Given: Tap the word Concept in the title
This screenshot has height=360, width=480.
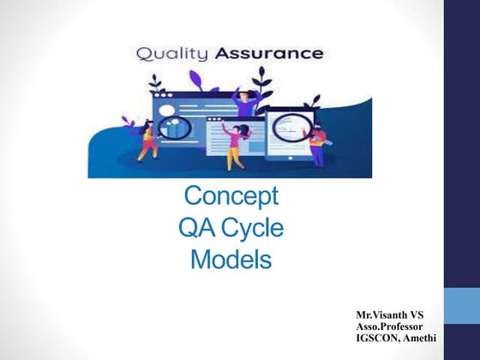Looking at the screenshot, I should click(x=231, y=196).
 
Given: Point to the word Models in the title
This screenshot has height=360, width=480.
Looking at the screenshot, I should click(x=231, y=257).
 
